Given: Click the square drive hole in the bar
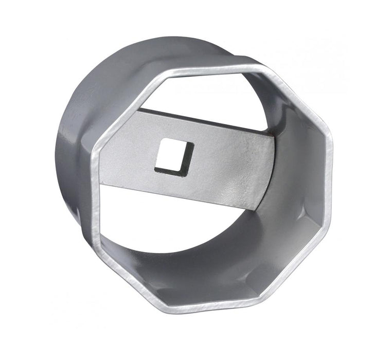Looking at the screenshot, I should [x=173, y=155].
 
